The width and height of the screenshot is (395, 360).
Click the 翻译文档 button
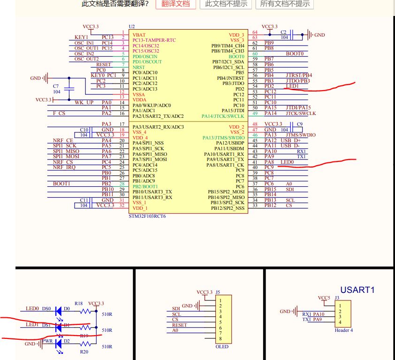pyautogui.click(x=176, y=4)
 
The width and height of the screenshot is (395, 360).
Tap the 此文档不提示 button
pyautogui.click(x=226, y=4)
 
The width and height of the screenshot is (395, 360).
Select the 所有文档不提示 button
pyautogui.click(x=285, y=4)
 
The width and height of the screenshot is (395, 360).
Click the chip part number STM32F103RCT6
pyautogui.click(x=147, y=217)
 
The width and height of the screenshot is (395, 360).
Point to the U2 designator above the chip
pyautogui.click(x=132, y=26)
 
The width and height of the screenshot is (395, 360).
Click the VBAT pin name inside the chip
pyautogui.click(x=139, y=35)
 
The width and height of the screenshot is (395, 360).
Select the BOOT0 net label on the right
pyautogui.click(x=295, y=54)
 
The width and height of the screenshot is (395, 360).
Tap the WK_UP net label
pyautogui.click(x=84, y=102)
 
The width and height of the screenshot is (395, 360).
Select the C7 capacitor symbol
pyautogui.click(x=69, y=89)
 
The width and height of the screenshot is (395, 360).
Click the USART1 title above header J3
pyautogui.click(x=357, y=290)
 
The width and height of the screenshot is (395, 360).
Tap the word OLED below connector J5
pyautogui.click(x=222, y=346)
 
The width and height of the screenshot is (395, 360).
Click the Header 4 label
pyautogui.click(x=344, y=330)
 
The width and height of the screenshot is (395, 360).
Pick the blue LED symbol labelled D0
pyautogui.click(x=59, y=311)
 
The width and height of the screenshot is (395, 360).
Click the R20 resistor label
pyautogui.click(x=84, y=352)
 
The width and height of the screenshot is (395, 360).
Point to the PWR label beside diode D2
pyautogui.click(x=47, y=341)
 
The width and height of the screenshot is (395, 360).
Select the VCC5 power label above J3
pyautogui.click(x=324, y=298)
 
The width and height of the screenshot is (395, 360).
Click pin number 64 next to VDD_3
pyautogui.click(x=255, y=32)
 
